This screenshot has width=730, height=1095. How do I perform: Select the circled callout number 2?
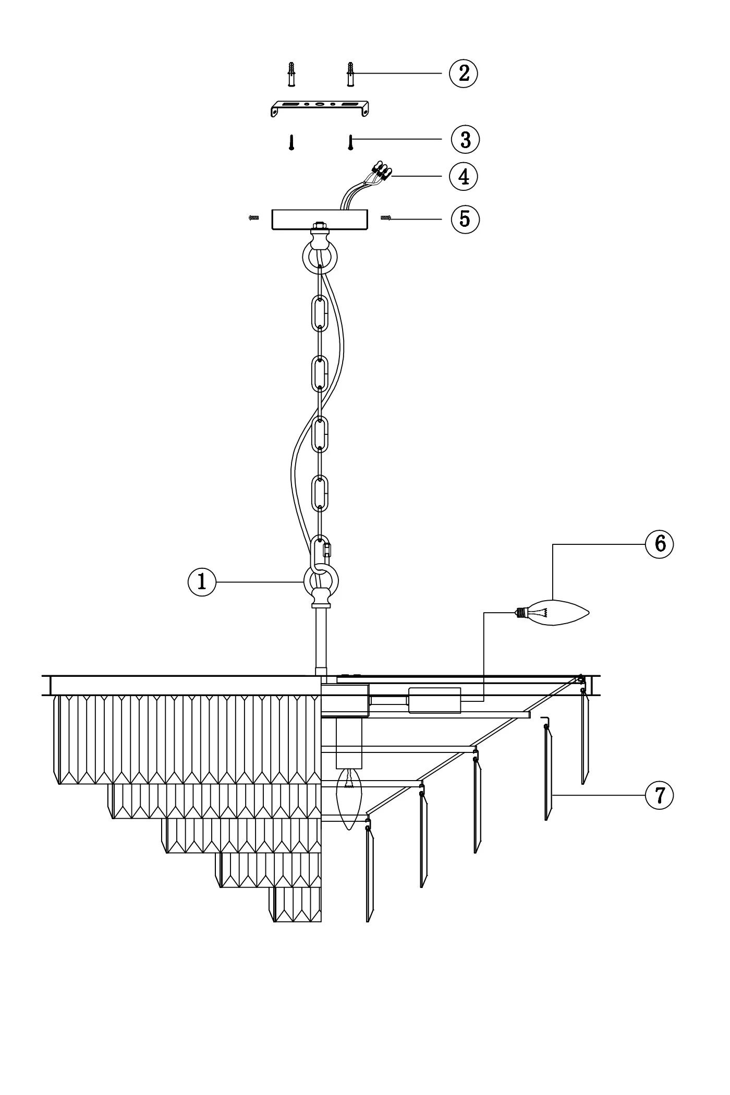click(x=464, y=73)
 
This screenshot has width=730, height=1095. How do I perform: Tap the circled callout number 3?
click(x=465, y=139)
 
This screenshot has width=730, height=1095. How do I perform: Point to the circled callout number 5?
click(x=465, y=218)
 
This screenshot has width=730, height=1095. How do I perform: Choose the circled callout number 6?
click(x=660, y=544)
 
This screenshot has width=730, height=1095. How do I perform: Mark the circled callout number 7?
click(x=660, y=795)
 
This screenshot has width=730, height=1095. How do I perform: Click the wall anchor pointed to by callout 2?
click(x=350, y=74)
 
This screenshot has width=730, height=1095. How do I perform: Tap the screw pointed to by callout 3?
click(x=351, y=142)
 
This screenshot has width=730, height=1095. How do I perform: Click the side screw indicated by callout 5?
click(x=386, y=218)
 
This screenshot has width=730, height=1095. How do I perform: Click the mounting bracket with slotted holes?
click(x=320, y=107)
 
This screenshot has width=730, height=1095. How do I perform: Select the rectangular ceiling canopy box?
click(x=319, y=220)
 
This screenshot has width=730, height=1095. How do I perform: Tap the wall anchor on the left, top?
click(x=291, y=74)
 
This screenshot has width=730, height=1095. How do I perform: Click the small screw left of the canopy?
click(x=254, y=218)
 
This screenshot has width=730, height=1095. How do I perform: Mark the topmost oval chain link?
click(x=320, y=313)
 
